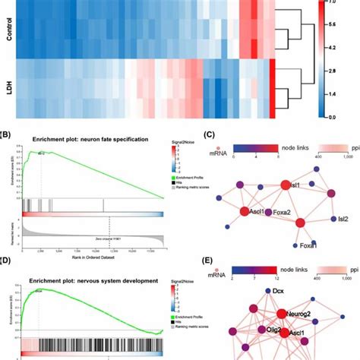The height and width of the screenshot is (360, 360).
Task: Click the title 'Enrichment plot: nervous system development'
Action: [x=91, y=281]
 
